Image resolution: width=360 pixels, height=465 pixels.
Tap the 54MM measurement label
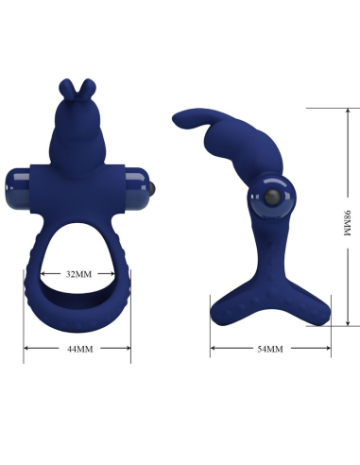269,350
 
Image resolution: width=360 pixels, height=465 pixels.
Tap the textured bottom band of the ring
77,317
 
